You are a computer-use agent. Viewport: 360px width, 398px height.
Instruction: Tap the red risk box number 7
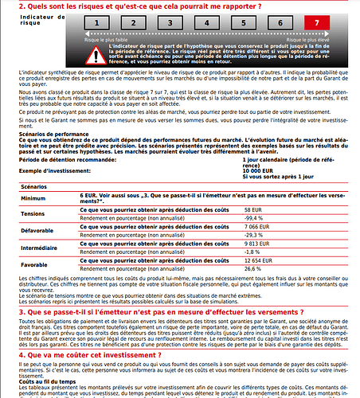(328, 25)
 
